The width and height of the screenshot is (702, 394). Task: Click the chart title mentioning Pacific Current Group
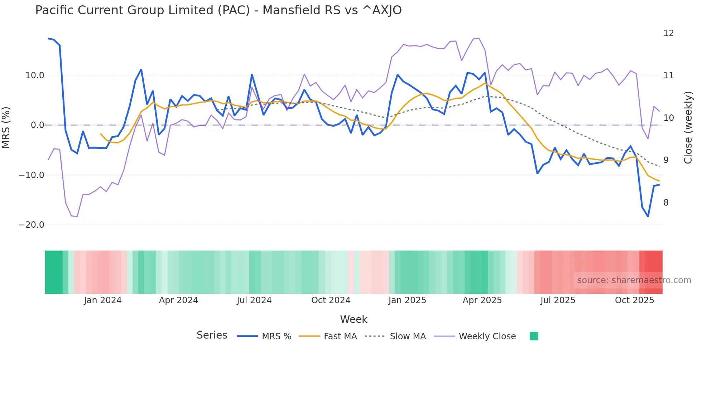(218, 10)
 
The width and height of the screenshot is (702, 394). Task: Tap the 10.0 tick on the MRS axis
(35, 75)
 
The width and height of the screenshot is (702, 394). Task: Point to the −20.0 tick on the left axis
(32, 225)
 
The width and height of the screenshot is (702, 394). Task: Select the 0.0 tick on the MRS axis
(37, 125)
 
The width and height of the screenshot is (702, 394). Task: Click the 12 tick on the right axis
(668, 33)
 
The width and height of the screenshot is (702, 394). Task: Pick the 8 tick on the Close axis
(666, 203)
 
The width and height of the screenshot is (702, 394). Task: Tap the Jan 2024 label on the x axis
(103, 300)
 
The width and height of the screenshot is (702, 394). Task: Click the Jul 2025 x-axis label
(558, 300)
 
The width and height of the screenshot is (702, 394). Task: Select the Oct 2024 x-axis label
(331, 300)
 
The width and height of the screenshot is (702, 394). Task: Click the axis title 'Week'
(354, 319)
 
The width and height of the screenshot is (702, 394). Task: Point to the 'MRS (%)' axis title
(6, 127)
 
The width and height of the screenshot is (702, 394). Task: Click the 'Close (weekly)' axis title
(688, 127)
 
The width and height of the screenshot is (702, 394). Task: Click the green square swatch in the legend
(534, 336)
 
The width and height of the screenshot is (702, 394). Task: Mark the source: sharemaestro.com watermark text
(634, 280)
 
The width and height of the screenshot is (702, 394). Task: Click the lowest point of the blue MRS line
(648, 216)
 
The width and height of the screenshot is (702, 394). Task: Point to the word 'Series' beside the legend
(212, 335)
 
